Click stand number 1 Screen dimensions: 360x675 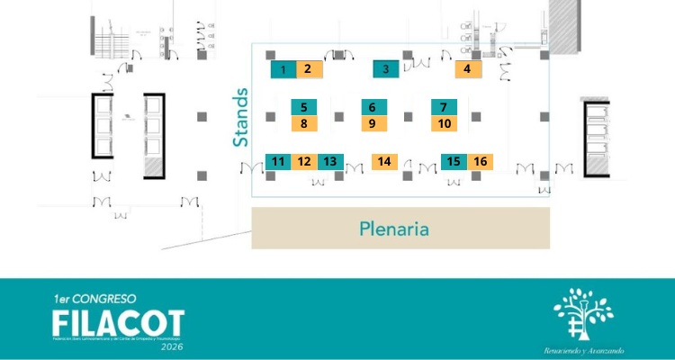click(x=283, y=69)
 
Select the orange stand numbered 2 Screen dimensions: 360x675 click(x=308, y=68)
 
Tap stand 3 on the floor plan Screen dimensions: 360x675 click(x=386, y=69)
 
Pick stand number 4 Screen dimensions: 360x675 click(x=467, y=68)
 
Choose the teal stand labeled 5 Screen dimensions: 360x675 click(x=304, y=107)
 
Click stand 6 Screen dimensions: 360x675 click(x=373, y=107)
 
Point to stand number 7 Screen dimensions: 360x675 click(x=444, y=107)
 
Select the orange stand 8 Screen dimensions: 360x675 click(x=304, y=123)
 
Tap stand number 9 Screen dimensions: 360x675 click(x=373, y=123)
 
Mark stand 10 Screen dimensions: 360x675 click(x=444, y=123)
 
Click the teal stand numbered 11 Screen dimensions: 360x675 click(x=279, y=162)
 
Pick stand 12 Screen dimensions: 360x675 click(x=304, y=162)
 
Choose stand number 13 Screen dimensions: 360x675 click(x=330, y=162)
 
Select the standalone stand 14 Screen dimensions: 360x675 click(x=384, y=162)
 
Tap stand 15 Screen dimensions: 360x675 click(x=454, y=162)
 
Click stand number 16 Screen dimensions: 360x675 click(x=481, y=162)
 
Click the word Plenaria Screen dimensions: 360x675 click(x=393, y=229)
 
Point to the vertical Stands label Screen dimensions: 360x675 click(x=240, y=117)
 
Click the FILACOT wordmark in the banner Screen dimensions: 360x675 click(x=117, y=322)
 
